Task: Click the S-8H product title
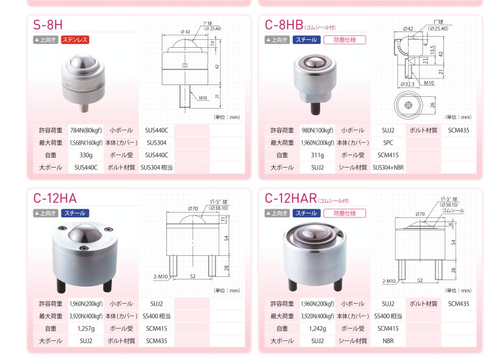[x=48, y=25]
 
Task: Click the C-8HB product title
[x=284, y=25]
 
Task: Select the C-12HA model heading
[x=55, y=198]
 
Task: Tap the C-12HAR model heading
[x=291, y=198]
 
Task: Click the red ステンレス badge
[x=75, y=40]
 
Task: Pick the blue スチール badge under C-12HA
[x=75, y=213]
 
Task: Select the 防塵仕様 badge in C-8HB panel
[x=344, y=40]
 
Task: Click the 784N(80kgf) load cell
[x=86, y=130]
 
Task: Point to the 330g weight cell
[x=86, y=155]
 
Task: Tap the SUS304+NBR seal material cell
[x=388, y=168]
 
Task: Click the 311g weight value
[x=317, y=155]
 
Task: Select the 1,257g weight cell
[x=86, y=329]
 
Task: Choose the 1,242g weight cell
[x=317, y=329]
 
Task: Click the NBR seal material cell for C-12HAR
[x=388, y=341]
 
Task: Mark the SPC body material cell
[x=388, y=143]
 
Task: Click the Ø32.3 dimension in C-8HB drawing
[x=407, y=84]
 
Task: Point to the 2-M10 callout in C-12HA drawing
[x=160, y=276]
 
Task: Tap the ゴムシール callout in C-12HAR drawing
[x=453, y=211]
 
